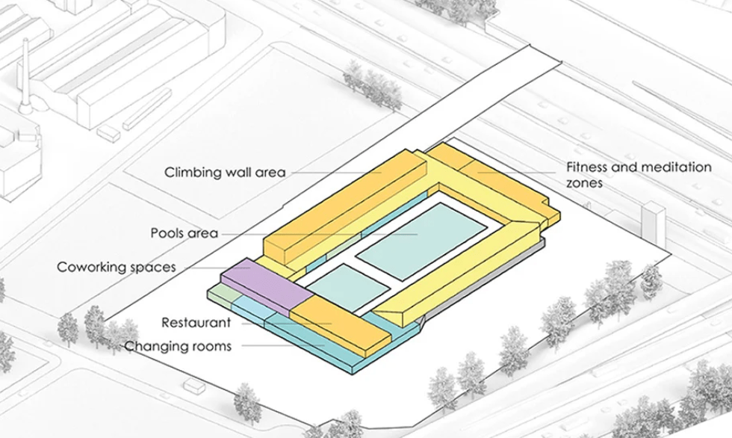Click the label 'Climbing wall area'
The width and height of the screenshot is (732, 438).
click(x=225, y=173)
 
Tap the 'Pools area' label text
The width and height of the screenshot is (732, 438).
click(x=184, y=233)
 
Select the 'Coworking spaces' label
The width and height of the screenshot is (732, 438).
click(x=117, y=267)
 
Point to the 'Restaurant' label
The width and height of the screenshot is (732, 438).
click(x=196, y=323)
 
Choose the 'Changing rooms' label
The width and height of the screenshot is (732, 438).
click(x=178, y=346)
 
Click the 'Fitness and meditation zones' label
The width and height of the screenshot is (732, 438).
click(x=639, y=174)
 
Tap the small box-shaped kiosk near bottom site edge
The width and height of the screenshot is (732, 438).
click(x=194, y=386)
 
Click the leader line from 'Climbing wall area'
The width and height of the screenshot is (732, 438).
click(x=336, y=173)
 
